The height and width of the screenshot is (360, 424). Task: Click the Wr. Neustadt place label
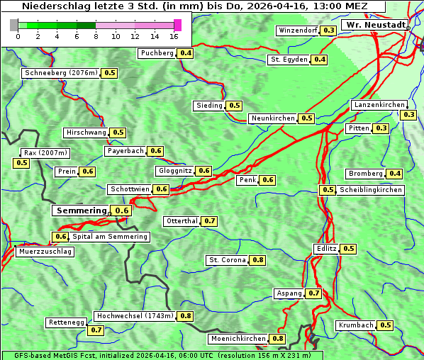374,25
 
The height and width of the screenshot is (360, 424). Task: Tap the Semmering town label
81,210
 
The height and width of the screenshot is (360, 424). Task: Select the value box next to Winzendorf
328,30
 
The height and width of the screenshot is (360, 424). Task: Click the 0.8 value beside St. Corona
258,260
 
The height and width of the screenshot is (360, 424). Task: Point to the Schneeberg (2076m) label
60,73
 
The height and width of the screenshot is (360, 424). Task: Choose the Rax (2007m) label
45,152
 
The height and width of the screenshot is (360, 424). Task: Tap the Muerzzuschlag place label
45,252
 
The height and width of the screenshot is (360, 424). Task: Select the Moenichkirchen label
238,339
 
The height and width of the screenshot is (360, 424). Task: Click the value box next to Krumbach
385,325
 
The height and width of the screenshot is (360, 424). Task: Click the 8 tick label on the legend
96,37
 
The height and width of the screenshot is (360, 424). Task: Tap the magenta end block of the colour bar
177,25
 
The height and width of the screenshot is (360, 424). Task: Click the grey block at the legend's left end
14,25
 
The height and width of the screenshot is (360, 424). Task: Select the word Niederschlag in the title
54,6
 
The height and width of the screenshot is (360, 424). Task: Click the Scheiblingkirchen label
370,190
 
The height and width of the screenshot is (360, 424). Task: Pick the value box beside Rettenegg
96,330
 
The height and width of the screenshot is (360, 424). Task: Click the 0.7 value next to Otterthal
209,221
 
